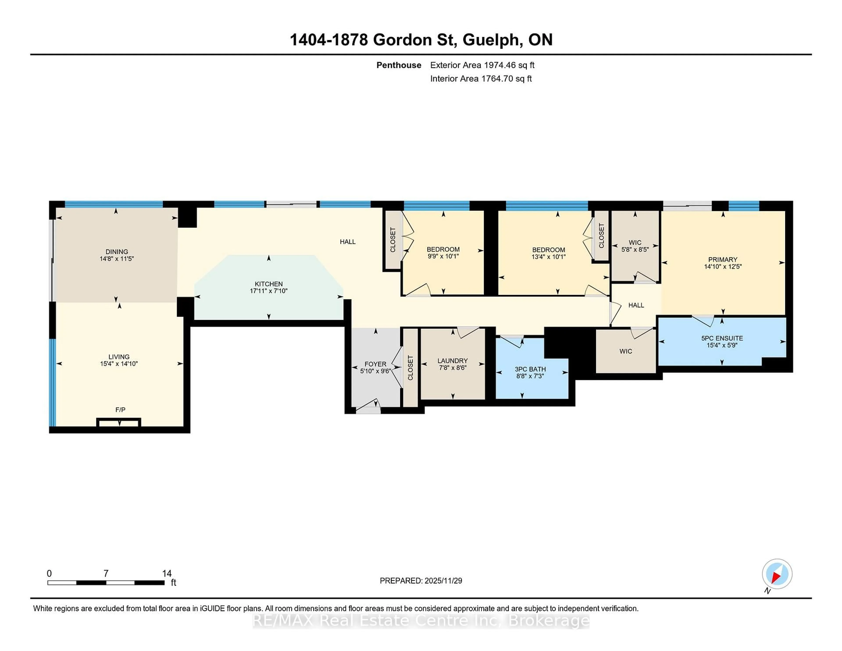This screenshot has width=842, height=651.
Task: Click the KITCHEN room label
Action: [268, 284]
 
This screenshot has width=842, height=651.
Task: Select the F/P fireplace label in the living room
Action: [120, 410]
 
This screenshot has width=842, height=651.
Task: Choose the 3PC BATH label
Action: [530, 369]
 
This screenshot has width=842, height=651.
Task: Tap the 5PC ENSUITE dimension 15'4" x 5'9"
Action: [722, 345]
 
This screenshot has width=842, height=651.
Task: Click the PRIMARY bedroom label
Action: [722, 259]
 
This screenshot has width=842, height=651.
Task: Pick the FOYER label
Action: [375, 364]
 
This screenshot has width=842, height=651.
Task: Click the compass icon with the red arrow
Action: [777, 574]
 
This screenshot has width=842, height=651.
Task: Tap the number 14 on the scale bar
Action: [167, 574]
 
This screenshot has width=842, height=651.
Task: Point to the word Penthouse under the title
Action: [399, 65]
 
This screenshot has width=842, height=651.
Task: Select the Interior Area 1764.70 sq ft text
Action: [481, 79]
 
